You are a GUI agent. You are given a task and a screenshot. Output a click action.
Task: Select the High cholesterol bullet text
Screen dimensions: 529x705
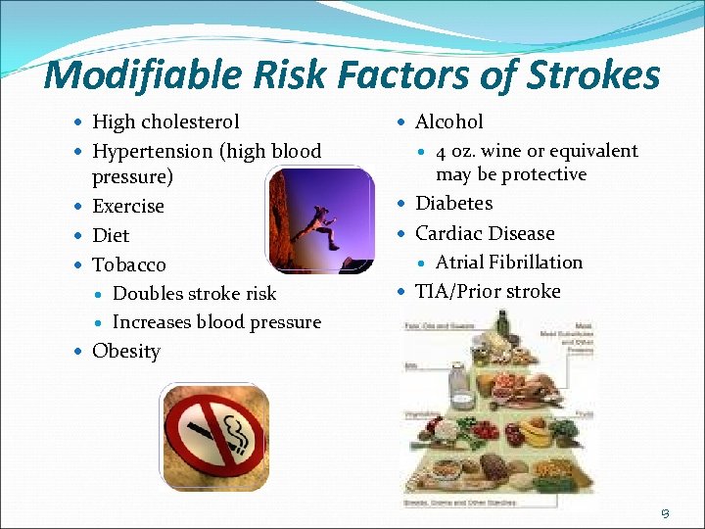pos(165,122)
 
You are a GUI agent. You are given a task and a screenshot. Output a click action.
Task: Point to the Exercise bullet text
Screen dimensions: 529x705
pos(128,207)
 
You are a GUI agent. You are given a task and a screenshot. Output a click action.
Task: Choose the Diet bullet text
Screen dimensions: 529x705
pos(111,235)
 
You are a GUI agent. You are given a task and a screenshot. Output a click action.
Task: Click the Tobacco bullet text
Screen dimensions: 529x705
pos(129,264)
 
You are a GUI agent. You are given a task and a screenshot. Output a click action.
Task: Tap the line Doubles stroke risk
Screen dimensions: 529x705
pos(195,293)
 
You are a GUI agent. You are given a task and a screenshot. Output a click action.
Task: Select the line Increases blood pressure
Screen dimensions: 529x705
pos(216,322)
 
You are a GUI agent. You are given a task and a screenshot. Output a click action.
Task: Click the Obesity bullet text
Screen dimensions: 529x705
pos(126,352)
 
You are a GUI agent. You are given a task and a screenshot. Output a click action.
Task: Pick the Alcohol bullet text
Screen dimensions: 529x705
pos(449,122)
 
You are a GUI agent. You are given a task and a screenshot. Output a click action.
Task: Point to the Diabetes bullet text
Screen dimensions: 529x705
pos(454,204)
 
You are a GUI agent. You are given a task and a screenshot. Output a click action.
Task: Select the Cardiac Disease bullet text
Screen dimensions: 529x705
pos(485,233)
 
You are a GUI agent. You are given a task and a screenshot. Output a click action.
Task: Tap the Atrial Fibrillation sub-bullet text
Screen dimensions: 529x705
pos(509,263)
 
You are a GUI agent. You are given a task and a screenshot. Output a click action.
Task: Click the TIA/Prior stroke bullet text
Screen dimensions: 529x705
pos(488,291)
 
